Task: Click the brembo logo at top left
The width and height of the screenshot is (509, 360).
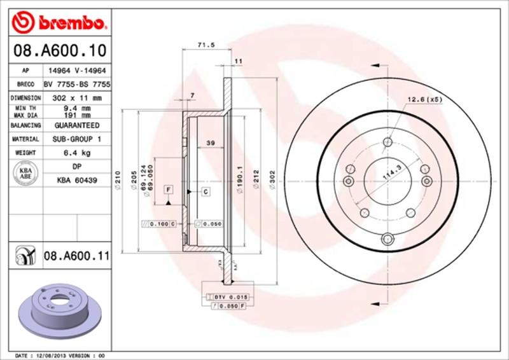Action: click(x=57, y=24)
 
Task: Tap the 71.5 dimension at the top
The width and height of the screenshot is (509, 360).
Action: click(x=204, y=45)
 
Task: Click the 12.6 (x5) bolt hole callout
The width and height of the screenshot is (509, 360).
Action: click(x=424, y=99)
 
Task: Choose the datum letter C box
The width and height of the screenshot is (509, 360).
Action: click(x=206, y=191)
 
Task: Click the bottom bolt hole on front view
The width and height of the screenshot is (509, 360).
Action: click(x=387, y=239)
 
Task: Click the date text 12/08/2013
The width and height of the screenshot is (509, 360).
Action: click(x=54, y=355)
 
